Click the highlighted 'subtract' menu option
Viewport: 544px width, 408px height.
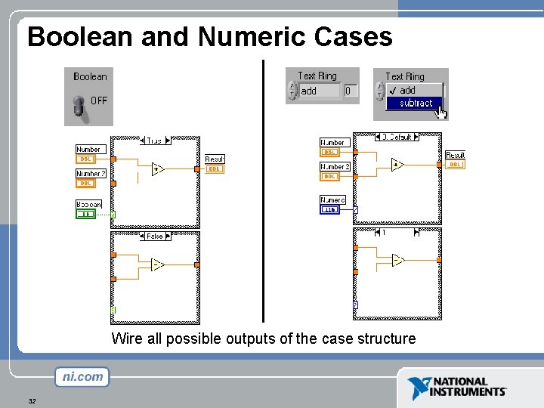[x=416, y=104]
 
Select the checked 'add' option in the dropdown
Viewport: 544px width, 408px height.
[x=408, y=90]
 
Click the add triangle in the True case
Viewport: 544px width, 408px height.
[x=157, y=168]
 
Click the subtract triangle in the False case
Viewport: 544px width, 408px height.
[x=157, y=264]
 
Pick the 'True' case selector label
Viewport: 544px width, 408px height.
[x=154, y=141]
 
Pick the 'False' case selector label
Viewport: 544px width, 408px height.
[x=154, y=236]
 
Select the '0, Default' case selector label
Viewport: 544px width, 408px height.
[x=397, y=138]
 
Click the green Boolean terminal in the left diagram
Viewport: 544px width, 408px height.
[x=88, y=214]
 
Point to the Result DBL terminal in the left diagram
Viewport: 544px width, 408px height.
[x=215, y=169]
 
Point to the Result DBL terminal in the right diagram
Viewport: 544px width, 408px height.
[x=455, y=164]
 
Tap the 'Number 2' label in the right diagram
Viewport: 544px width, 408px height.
[x=335, y=167]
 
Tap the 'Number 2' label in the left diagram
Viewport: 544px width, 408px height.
[x=91, y=174]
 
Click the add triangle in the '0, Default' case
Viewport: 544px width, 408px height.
[x=397, y=164]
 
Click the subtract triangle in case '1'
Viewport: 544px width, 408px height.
[x=397, y=260]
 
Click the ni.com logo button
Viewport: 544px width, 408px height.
[x=82, y=377]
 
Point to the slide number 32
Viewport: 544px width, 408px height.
[x=32, y=401]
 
